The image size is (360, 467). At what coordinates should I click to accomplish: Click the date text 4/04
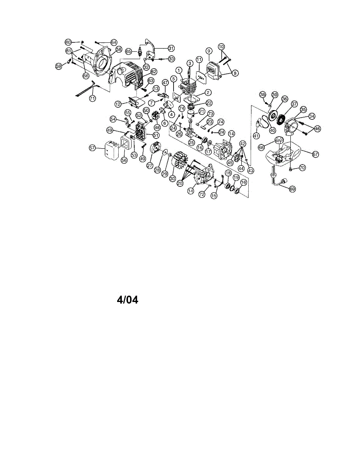point(127,300)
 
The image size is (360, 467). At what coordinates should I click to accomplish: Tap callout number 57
point(92,148)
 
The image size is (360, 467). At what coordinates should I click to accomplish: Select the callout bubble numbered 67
point(315,154)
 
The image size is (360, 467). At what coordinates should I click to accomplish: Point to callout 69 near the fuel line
point(292,189)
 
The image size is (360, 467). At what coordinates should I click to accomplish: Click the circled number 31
point(171,48)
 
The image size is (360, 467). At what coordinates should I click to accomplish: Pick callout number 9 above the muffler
point(209,51)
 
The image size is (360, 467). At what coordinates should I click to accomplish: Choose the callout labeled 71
point(92,98)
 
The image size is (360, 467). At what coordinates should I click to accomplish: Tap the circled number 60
point(68,42)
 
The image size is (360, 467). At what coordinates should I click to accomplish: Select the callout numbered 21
point(202,111)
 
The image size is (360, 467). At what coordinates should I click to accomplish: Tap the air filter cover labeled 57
point(111,150)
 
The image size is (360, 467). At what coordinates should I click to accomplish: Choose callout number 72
point(202,194)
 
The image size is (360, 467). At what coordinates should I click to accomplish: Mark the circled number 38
point(262,94)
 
